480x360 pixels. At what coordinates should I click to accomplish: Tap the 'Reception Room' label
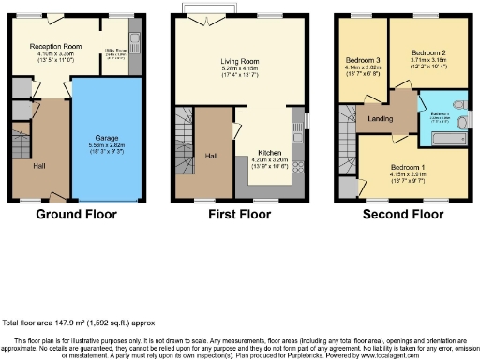[52, 45]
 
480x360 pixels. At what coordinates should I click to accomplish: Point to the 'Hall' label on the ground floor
[39, 165]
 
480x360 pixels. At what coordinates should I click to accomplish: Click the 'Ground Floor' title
[76, 214]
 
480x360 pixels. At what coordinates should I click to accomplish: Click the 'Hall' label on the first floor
[211, 156]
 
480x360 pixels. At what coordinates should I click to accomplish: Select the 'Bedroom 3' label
[363, 58]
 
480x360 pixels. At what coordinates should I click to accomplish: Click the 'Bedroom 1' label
[408, 169]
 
